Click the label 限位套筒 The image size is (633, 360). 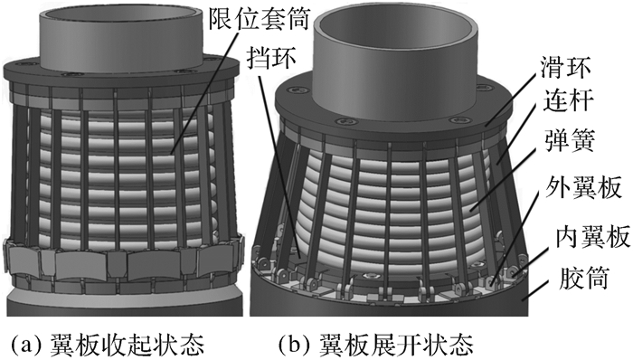click(x=259, y=19)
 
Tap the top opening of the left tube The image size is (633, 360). click(x=121, y=15)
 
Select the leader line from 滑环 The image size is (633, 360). click(x=514, y=100)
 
